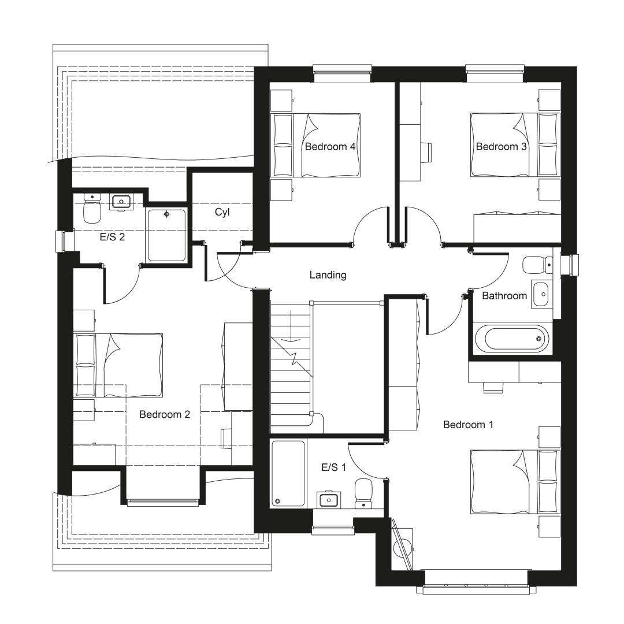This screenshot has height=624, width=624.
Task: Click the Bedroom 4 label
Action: pyautogui.click(x=330, y=146)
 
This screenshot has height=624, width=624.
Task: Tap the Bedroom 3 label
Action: pyautogui.click(x=501, y=146)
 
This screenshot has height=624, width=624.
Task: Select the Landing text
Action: pyautogui.click(x=328, y=275)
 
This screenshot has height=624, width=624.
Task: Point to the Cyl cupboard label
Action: pyautogui.click(x=222, y=212)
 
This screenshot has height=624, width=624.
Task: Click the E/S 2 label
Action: pyautogui.click(x=112, y=237)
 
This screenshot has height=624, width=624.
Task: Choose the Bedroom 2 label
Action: pyautogui.click(x=164, y=414)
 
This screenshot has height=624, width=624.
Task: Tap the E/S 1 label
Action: pyautogui.click(x=333, y=467)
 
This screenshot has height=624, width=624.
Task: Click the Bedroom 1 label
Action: pyautogui.click(x=468, y=425)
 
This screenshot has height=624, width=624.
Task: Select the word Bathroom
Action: pyautogui.click(x=504, y=296)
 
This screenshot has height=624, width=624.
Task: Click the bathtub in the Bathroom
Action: pyautogui.click(x=511, y=338)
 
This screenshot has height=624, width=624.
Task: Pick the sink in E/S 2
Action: pyautogui.click(x=121, y=203)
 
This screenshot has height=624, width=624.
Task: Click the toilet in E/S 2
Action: pyautogui.click(x=92, y=208)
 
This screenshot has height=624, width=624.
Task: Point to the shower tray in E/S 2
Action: pyautogui.click(x=167, y=235)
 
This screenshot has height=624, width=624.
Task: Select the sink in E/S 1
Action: pyautogui.click(x=329, y=499)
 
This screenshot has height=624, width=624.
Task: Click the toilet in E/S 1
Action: pyautogui.click(x=363, y=493)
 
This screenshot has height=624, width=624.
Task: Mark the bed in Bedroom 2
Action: pyautogui.click(x=118, y=365)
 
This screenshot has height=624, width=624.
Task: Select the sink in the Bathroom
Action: pyautogui.click(x=541, y=295)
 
